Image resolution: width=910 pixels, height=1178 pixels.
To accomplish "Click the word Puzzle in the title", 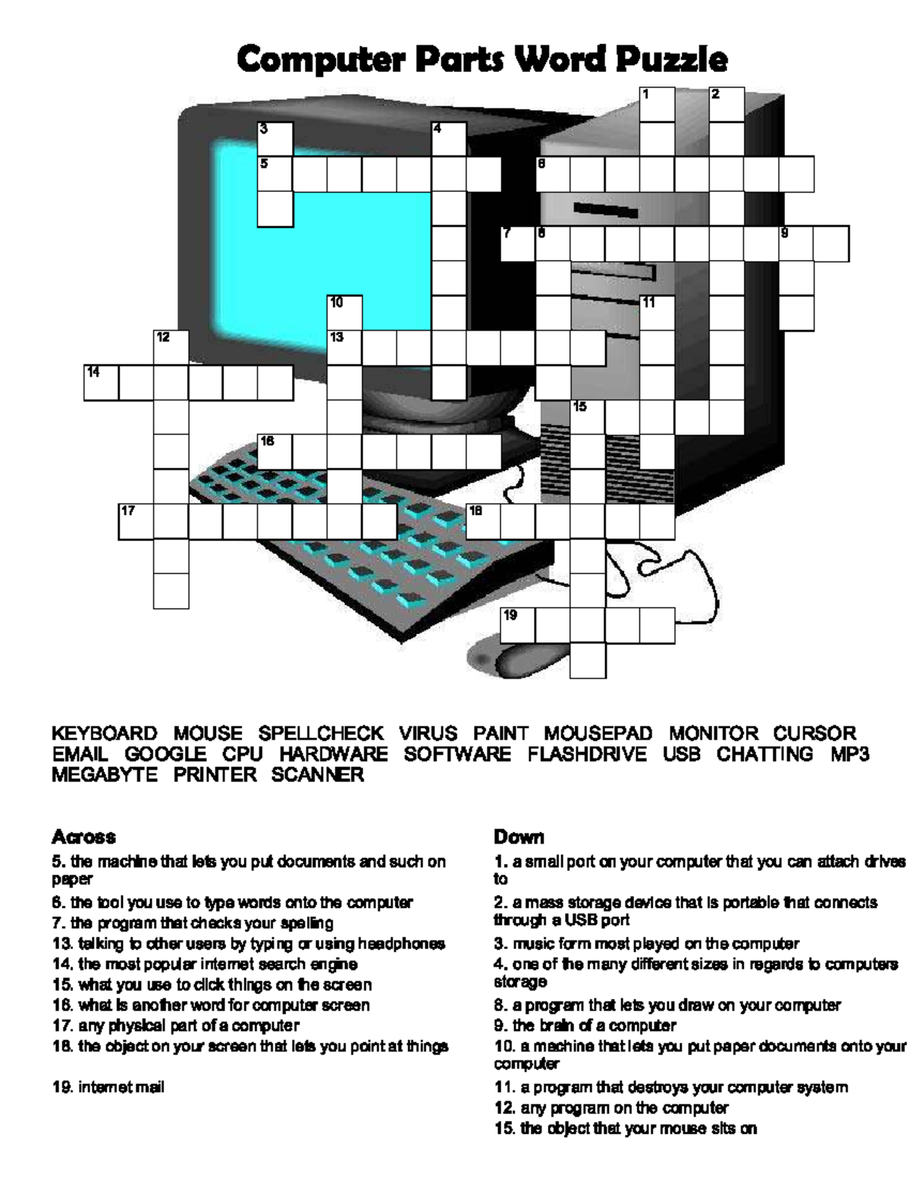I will (671, 59).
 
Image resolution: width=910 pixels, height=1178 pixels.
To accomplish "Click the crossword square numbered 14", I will (101, 382).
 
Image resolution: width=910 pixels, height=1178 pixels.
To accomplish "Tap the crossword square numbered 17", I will (136, 521).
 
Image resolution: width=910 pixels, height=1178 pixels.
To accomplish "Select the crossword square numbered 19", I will (518, 625).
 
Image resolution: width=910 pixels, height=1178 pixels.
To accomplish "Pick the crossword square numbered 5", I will (275, 174).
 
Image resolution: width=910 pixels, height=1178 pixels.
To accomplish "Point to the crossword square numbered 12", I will (171, 347).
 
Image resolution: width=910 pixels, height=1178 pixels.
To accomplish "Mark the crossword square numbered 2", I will (726, 105).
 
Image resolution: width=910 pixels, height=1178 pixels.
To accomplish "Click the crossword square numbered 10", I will (345, 313).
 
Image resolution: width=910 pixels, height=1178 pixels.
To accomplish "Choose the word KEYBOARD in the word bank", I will (105, 734).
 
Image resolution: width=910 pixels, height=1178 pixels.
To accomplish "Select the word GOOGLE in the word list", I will (165, 754).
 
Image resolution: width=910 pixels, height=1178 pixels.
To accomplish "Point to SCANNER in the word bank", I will (318, 774).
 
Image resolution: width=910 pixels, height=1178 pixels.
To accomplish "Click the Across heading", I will (83, 837).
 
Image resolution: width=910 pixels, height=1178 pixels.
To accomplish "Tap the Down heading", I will (519, 837).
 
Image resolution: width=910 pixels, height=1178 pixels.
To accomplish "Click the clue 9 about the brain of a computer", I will (584, 1026).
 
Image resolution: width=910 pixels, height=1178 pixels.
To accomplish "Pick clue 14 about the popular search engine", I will (205, 964).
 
